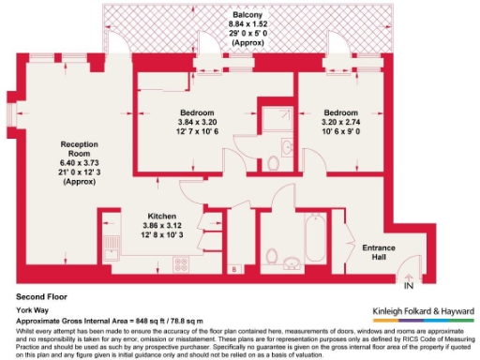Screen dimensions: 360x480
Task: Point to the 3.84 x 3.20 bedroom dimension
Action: coord(198,122)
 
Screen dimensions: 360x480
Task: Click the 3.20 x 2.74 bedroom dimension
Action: coord(334,122)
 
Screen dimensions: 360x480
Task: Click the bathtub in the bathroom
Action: coord(313,236)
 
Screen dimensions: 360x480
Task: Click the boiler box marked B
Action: coord(232,270)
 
